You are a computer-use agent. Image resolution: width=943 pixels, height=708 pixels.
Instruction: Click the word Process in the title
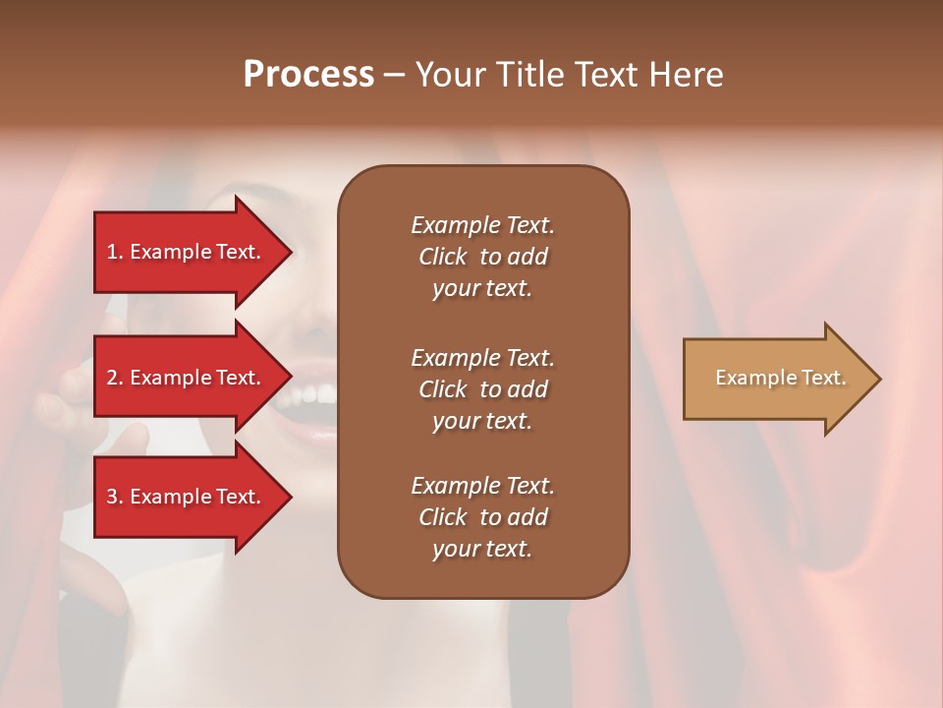click(308, 75)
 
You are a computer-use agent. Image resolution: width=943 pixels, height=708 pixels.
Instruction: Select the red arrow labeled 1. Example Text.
click(187, 252)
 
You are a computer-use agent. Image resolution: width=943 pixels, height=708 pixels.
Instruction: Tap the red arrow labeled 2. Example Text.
click(187, 378)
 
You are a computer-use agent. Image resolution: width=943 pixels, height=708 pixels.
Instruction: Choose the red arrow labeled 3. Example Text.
click(187, 497)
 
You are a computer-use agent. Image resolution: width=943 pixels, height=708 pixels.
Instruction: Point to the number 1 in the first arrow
click(112, 252)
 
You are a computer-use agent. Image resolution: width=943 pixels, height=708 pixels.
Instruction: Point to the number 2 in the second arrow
click(113, 378)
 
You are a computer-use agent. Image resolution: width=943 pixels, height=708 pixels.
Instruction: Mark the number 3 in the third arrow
click(113, 497)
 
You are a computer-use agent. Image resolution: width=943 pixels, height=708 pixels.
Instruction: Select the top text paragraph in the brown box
click(482, 257)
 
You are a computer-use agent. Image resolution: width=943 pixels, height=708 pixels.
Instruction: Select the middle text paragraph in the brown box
click(482, 389)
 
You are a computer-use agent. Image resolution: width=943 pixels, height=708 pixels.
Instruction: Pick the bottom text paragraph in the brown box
click(482, 517)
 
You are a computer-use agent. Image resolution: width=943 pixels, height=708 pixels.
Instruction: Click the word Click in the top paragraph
click(442, 257)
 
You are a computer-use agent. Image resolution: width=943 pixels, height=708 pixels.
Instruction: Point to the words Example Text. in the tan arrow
click(780, 378)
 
